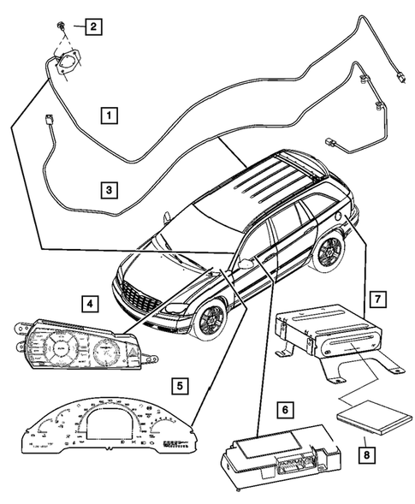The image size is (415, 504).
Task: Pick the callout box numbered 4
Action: coord(88,302)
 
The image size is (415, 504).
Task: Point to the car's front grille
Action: coord(137,298)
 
